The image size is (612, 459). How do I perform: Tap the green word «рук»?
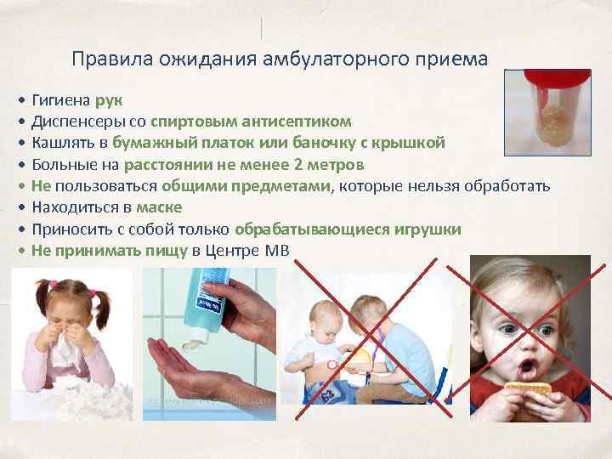110,100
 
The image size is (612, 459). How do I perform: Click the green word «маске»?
158,207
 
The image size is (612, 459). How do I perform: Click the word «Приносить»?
67,229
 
